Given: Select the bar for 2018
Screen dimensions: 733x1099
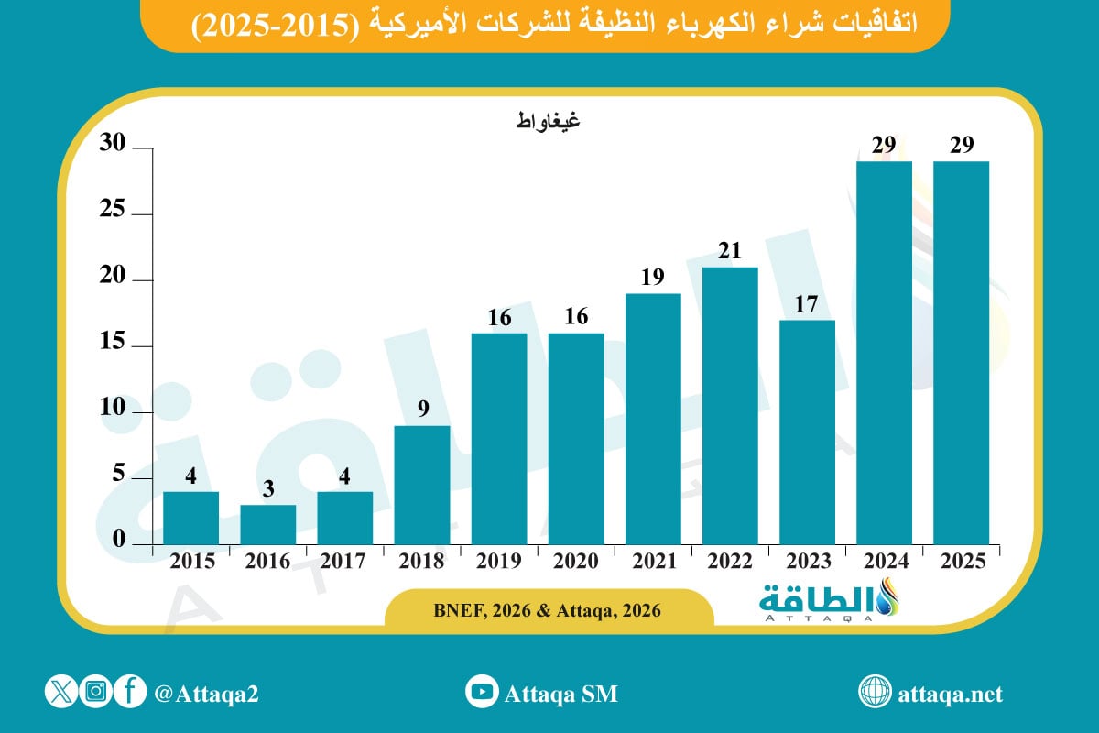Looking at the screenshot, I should coord(422,485).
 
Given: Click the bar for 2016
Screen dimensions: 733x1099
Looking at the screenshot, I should coord(268,524).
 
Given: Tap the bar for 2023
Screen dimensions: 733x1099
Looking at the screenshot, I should coord(807,432).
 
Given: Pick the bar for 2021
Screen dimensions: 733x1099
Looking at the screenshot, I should coord(653,419).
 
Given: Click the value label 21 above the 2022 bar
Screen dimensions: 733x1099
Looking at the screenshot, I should coord(730,251).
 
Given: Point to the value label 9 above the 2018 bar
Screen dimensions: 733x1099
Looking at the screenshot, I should coord(422,410).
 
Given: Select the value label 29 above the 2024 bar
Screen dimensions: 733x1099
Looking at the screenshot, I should coord(884,145).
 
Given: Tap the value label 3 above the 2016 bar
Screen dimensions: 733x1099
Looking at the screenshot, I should coord(268,488).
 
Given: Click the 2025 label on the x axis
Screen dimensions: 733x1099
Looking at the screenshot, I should coord(961,562).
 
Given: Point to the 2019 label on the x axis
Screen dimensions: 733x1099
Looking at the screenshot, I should coord(499,562).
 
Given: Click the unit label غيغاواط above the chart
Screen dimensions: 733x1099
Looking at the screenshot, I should coord(548,120).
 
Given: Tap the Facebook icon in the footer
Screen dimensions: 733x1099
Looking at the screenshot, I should coord(131,692).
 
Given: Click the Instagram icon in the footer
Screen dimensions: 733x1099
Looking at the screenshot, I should coord(95,692).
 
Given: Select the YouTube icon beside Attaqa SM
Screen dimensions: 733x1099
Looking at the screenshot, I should coord(481,693).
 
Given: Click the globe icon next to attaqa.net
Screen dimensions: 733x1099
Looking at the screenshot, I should coord(875,693).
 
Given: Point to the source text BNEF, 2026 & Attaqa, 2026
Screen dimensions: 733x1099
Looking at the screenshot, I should coord(548,608).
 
